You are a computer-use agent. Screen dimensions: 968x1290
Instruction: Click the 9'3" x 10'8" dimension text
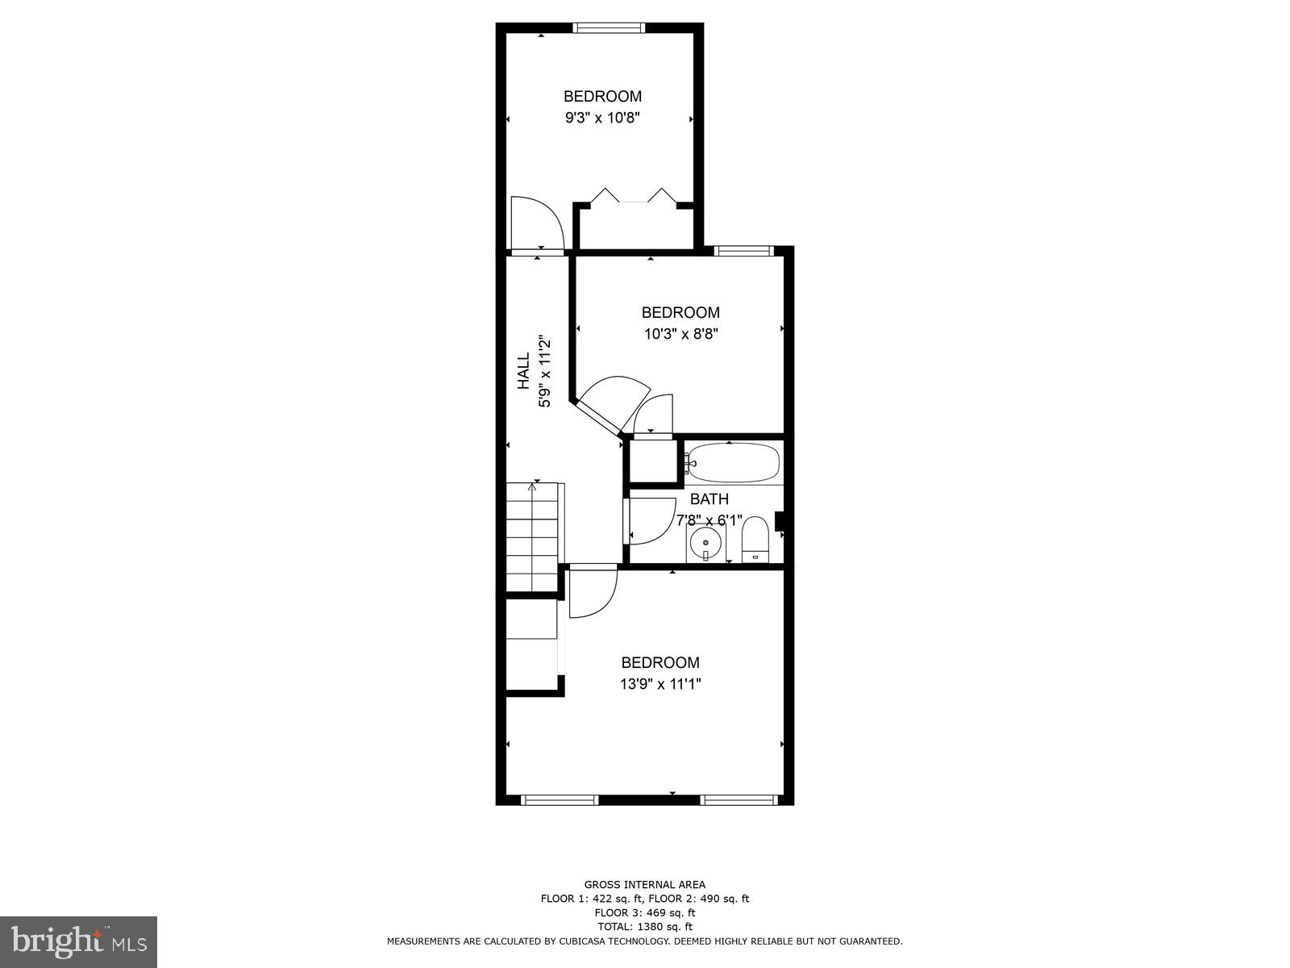(x=602, y=118)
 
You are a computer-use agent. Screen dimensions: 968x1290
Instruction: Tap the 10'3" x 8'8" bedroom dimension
(x=680, y=334)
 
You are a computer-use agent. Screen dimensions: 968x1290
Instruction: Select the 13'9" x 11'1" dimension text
(x=660, y=684)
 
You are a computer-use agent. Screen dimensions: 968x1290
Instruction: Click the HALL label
(x=524, y=370)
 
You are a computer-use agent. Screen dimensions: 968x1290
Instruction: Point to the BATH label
(x=709, y=499)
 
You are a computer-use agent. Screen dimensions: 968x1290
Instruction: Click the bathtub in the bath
(x=734, y=463)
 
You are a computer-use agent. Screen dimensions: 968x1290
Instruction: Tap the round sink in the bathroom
(x=705, y=543)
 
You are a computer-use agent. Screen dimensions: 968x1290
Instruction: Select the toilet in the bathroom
(x=755, y=539)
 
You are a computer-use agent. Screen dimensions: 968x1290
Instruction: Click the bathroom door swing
(x=649, y=520)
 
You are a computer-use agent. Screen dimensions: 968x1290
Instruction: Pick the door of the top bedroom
(x=532, y=224)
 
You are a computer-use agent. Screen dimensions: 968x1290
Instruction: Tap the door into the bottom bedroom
(x=592, y=593)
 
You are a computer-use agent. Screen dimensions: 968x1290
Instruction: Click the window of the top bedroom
(x=609, y=28)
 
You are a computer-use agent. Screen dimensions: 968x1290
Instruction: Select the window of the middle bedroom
(x=743, y=251)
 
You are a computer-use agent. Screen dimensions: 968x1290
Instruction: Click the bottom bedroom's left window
(x=560, y=800)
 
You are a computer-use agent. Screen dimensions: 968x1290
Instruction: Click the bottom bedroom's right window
(x=738, y=800)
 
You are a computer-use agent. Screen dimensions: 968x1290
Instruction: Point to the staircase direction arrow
(x=533, y=486)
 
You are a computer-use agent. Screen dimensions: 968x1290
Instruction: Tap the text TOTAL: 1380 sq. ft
(x=644, y=927)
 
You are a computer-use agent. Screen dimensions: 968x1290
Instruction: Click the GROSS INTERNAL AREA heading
(x=644, y=885)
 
